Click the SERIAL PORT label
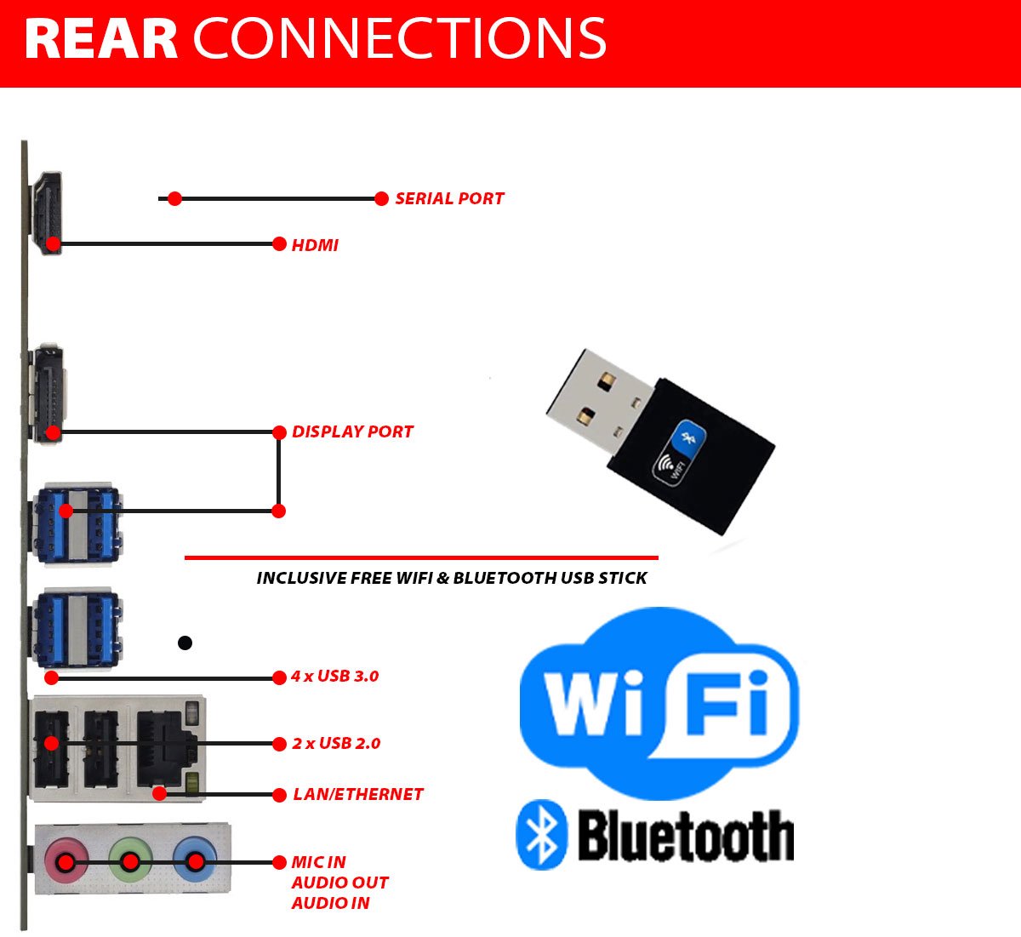pyautogui.click(x=449, y=198)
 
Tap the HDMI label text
pyautogui.click(x=315, y=245)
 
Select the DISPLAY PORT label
pyautogui.click(x=352, y=431)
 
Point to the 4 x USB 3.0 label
pyautogui.click(x=334, y=677)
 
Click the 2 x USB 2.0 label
pyautogui.click(x=336, y=744)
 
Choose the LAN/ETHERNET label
pyautogui.click(x=357, y=794)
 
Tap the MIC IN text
pyautogui.click(x=318, y=862)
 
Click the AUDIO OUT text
pyautogui.click(x=339, y=883)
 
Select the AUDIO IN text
pyautogui.click(x=330, y=903)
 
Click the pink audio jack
pyautogui.click(x=66, y=861)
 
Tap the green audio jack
pyautogui.click(x=130, y=861)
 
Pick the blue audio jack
pyautogui.click(x=195, y=861)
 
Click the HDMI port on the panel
pyautogui.click(x=47, y=213)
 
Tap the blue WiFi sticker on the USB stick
pyautogui.click(x=681, y=452)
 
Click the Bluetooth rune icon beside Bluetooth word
pyautogui.click(x=542, y=835)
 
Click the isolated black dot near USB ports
pyautogui.click(x=185, y=643)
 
